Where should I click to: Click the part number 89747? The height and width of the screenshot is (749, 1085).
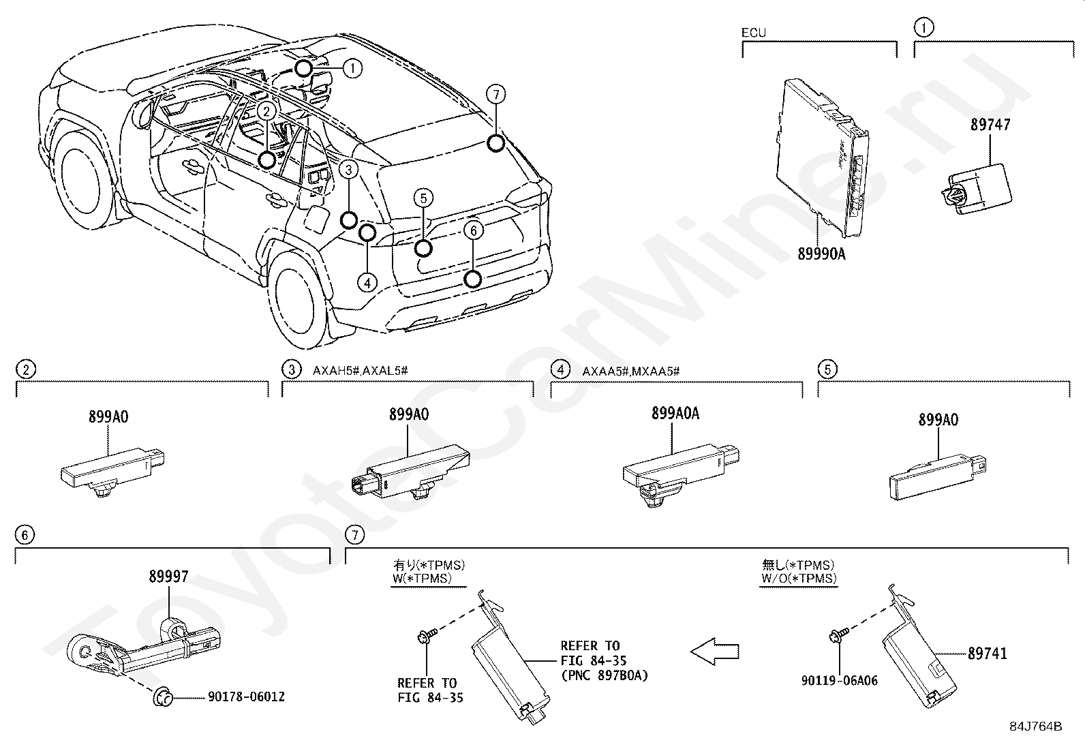coord(990,125)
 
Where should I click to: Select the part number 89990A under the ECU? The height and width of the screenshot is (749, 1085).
coord(821,254)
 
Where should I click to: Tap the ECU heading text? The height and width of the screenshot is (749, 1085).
coord(754,33)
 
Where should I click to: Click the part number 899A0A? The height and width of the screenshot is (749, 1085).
coord(675,413)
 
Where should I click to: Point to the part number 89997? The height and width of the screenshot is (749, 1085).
coord(168,577)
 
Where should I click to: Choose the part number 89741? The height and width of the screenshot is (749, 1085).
coord(987,654)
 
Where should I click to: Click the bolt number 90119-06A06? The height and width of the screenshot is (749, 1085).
coord(840,681)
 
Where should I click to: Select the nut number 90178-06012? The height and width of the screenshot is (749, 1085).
coord(247,697)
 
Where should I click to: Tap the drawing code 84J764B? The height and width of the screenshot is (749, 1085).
coord(1036,727)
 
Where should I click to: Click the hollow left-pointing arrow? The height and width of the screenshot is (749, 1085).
coord(714,652)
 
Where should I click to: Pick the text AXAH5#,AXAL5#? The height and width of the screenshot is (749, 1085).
coord(360,371)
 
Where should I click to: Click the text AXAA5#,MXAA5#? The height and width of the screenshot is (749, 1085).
coord(630,371)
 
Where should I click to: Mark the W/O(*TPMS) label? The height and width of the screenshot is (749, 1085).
coord(799,579)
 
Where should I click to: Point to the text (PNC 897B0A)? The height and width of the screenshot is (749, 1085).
coord(604,675)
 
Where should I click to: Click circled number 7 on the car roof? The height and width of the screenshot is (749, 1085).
coord(496,94)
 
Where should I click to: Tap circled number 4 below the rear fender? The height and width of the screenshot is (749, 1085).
coord(367,283)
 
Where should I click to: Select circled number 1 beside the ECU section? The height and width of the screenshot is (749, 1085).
coord(923,28)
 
